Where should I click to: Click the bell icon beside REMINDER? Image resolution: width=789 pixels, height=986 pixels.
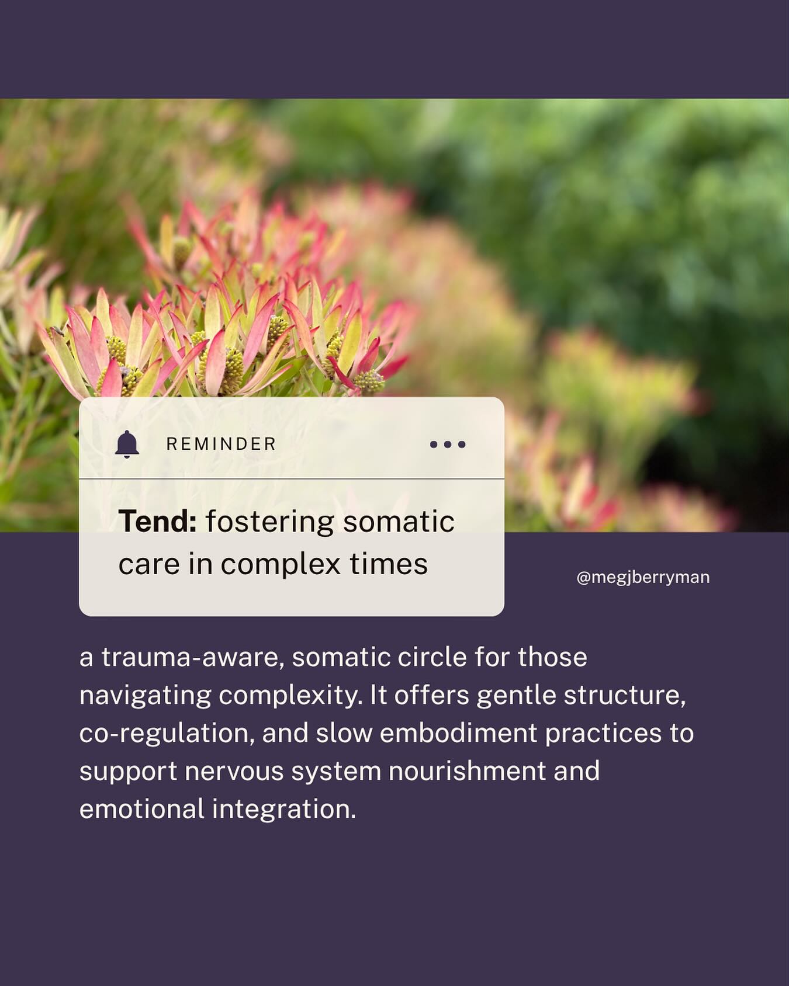coord(127,445)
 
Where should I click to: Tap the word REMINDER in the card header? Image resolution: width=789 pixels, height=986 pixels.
coord(221,445)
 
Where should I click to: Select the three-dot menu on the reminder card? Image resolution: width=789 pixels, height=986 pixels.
coord(448,445)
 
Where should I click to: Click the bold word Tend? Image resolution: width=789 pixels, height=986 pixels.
coord(157,522)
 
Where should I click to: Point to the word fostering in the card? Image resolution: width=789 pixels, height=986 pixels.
coord(269,522)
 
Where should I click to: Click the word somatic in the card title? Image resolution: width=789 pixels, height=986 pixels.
coord(399,522)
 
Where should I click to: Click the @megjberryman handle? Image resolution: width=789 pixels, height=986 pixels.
coord(643,578)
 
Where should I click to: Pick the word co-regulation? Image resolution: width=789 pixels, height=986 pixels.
coord(167,734)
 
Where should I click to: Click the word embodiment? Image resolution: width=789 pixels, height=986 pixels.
coord(458,734)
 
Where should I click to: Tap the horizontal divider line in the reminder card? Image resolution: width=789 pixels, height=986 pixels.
coord(291,478)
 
